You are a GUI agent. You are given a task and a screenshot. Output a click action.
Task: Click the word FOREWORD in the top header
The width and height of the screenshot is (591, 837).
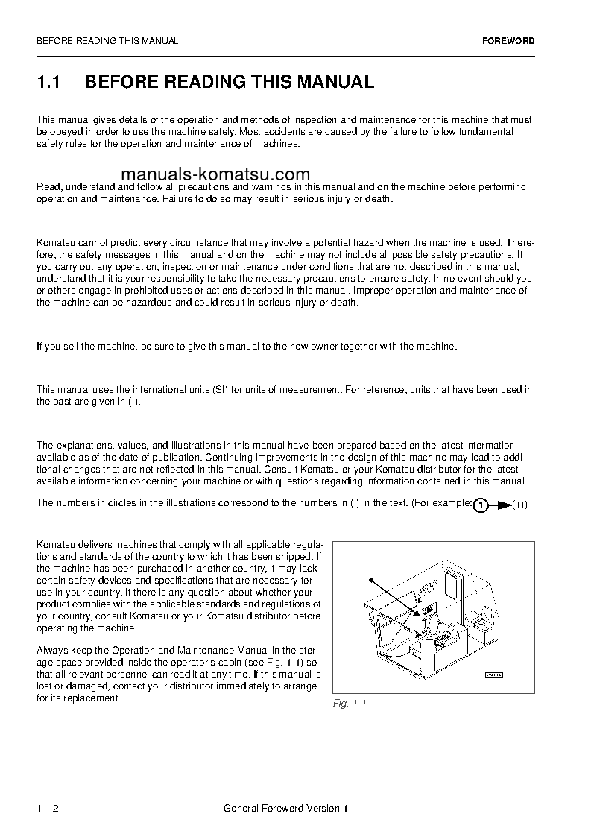pyautogui.click(x=508, y=41)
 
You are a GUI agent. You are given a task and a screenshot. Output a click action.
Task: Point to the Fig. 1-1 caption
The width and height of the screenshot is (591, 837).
pyautogui.click(x=350, y=704)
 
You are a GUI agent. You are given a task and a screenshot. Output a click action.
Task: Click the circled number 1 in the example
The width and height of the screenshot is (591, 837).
pyautogui.click(x=481, y=505)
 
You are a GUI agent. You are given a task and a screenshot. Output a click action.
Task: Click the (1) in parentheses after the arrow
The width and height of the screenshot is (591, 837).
pyautogui.click(x=520, y=505)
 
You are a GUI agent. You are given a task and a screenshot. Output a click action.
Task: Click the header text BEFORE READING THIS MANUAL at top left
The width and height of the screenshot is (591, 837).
pyautogui.click(x=107, y=41)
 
